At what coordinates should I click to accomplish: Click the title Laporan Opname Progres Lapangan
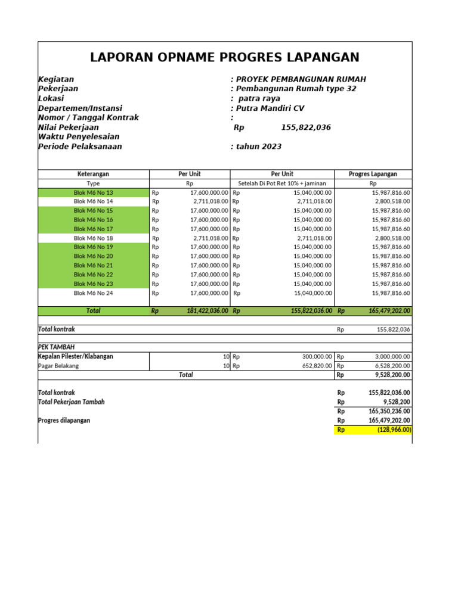click(x=224, y=57)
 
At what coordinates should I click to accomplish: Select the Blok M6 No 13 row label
click(x=93, y=192)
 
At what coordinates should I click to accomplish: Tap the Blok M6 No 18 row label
click(x=93, y=238)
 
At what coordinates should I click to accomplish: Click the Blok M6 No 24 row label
click(x=93, y=293)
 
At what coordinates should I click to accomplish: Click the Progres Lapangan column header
click(x=373, y=174)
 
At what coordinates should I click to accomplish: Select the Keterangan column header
click(x=93, y=174)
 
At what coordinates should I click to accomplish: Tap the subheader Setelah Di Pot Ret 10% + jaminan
click(x=281, y=183)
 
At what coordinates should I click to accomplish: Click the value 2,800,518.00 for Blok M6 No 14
click(x=391, y=202)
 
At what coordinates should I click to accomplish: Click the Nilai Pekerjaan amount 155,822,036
click(x=305, y=127)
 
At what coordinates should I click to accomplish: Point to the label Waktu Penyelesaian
click(x=79, y=137)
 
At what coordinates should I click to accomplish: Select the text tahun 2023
click(x=259, y=147)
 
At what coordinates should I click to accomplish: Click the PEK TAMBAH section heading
click(x=57, y=347)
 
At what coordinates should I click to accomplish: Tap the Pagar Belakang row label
click(x=58, y=366)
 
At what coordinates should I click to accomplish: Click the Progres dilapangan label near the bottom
click(x=64, y=420)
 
